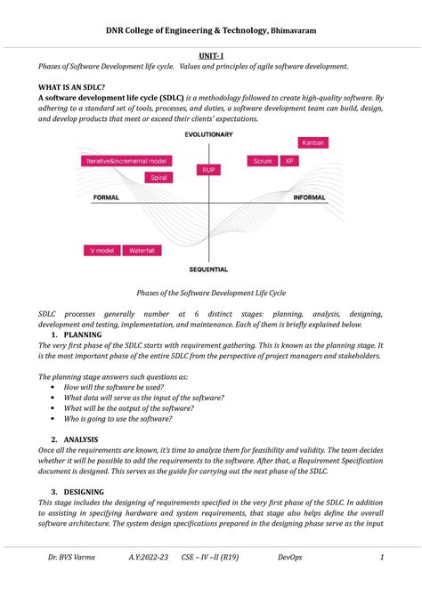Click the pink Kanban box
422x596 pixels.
pyautogui.click(x=312, y=142)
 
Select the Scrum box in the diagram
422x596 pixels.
pyautogui.click(x=262, y=161)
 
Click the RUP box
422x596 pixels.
pyautogui.click(x=208, y=169)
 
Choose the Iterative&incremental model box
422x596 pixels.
pyautogui.click(x=126, y=161)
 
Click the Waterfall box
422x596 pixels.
pyautogui.click(x=143, y=251)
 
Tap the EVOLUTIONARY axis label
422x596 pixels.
pyautogui.click(x=209, y=134)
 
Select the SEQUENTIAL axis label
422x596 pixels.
pyautogui.click(x=208, y=269)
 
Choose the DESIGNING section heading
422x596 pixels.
pyautogui.click(x=89, y=491)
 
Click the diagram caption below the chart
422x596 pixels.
pyautogui.click(x=210, y=292)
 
